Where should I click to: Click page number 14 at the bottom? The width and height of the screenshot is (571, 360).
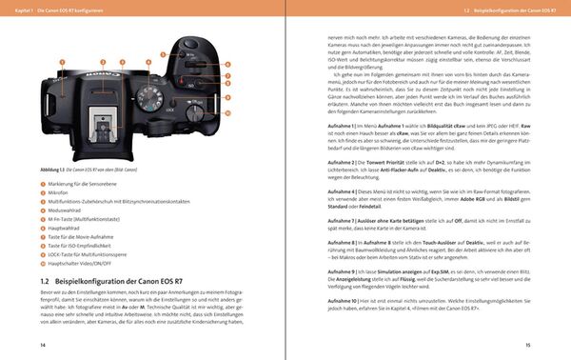click(43, 344)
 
